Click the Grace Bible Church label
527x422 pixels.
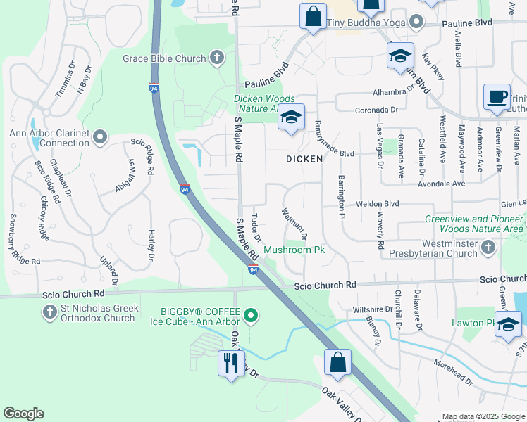(163, 58)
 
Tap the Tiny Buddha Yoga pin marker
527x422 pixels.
(418, 23)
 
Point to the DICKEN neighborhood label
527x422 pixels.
(304, 159)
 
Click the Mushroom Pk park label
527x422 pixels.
(294, 250)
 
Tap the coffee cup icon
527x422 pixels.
(497, 98)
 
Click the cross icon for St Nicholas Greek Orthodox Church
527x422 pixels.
(49, 312)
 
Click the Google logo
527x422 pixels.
(23, 414)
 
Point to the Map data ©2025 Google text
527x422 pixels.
(483, 416)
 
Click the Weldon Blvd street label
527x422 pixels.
(377, 203)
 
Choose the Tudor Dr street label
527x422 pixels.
(257, 227)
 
